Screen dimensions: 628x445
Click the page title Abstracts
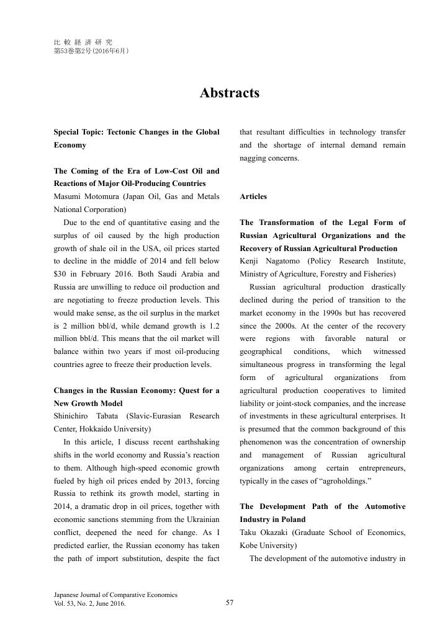point(229,93)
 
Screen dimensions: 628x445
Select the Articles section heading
point(253,197)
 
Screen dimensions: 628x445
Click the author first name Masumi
point(70,197)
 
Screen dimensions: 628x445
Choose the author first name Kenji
point(250,261)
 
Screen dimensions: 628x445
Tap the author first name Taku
point(249,533)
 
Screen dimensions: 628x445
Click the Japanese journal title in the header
point(83,42)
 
